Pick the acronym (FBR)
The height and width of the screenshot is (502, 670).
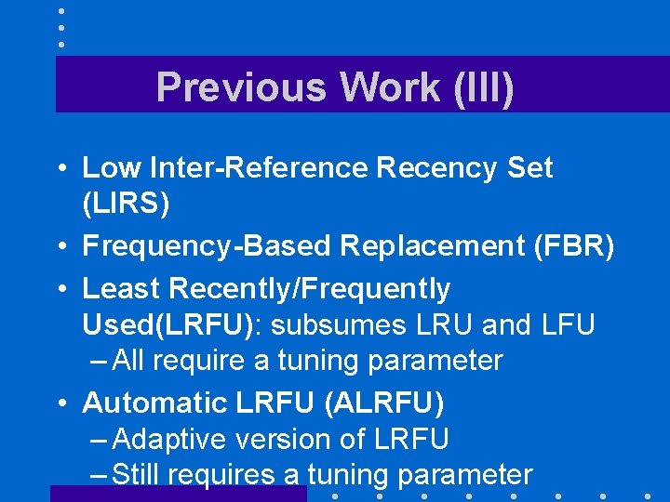[x=574, y=245]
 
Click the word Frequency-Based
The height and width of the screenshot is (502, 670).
[x=208, y=245]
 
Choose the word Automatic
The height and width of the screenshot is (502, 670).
[x=154, y=403]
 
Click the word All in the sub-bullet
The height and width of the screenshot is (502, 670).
[x=130, y=361]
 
